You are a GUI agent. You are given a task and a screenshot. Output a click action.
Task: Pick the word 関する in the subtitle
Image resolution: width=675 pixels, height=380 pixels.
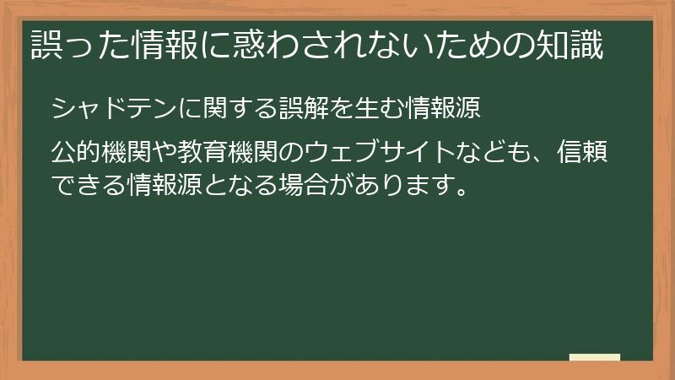(240, 109)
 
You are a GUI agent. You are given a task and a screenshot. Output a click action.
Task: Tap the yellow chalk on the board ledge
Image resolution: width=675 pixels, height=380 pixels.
(595, 357)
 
